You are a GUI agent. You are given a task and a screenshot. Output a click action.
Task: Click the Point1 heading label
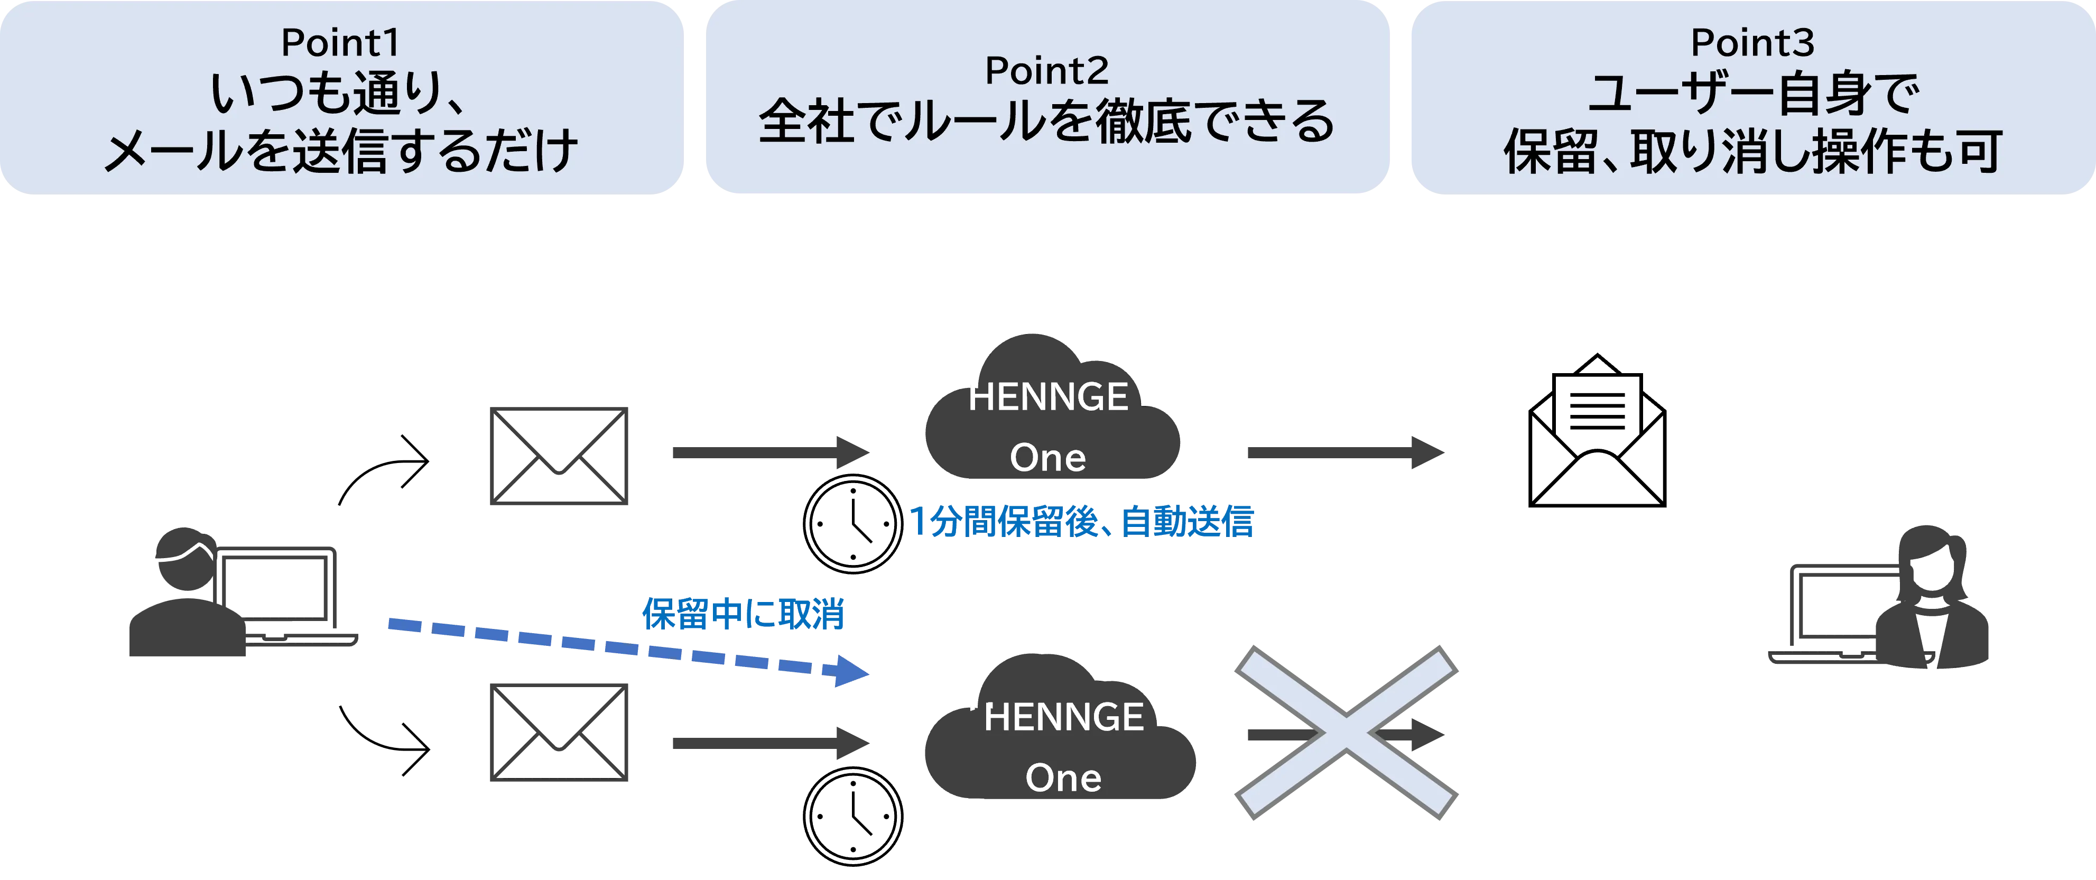pyautogui.click(x=340, y=43)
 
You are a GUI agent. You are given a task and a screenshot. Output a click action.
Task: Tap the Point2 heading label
pyautogui.click(x=1046, y=71)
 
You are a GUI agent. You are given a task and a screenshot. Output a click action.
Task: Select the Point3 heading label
pyautogui.click(x=1752, y=43)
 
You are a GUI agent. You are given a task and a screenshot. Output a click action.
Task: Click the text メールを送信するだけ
pyautogui.click(x=340, y=151)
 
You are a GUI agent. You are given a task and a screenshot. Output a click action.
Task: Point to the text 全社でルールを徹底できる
pyautogui.click(x=1046, y=122)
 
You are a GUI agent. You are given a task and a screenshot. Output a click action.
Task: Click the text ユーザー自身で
pyautogui.click(x=1752, y=95)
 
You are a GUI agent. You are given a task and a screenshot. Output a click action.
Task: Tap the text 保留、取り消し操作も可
pyautogui.click(x=1752, y=151)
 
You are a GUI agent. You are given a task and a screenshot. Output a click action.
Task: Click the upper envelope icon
pyautogui.click(x=558, y=456)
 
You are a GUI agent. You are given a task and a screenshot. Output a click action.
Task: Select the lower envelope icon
pyautogui.click(x=558, y=731)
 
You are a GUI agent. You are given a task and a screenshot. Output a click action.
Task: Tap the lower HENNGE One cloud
pyautogui.click(x=1058, y=737)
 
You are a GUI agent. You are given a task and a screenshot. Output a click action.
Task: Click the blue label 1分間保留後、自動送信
pyautogui.click(x=1082, y=522)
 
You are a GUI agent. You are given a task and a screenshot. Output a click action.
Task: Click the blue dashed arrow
pyautogui.click(x=626, y=647)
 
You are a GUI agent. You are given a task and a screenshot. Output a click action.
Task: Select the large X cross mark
pyautogui.click(x=1347, y=733)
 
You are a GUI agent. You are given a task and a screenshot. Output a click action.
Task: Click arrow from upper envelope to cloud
pyautogui.click(x=769, y=452)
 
